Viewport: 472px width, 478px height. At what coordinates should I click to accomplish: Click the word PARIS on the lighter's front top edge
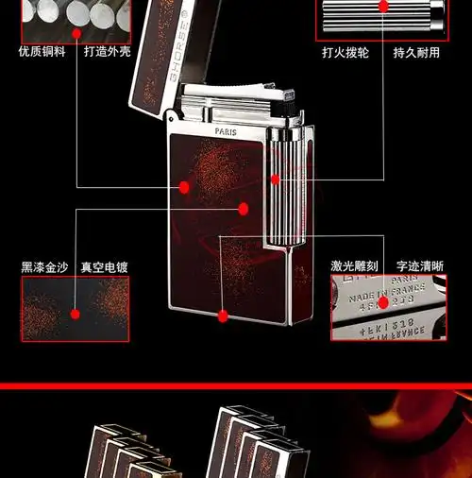pos(228,132)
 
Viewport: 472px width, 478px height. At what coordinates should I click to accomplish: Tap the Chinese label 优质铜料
pos(42,52)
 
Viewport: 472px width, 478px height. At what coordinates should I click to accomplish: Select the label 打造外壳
pos(106,52)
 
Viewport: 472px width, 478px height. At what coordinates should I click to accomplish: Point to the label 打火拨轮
pos(345,52)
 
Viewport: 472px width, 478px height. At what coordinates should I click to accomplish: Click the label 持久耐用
pos(416,52)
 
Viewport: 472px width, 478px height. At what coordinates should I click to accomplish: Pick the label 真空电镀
pos(104,267)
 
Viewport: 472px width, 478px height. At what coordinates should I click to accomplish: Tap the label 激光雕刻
pos(354,267)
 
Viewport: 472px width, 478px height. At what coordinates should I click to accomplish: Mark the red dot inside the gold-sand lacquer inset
pos(76,310)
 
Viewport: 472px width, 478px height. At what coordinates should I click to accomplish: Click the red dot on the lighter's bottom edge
pos(223,316)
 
